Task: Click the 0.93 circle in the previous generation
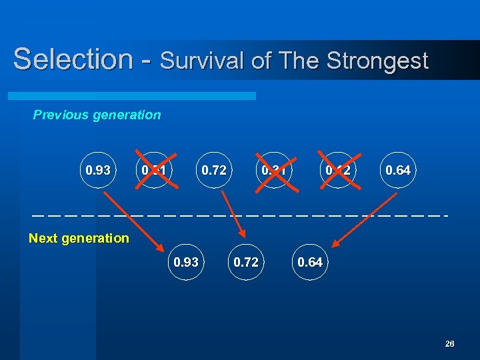click(98, 170)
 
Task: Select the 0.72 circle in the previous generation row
click(213, 170)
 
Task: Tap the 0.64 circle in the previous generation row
click(398, 170)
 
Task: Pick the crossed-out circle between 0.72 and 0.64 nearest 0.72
click(274, 170)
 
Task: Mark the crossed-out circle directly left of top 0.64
click(338, 170)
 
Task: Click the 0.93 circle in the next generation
click(186, 262)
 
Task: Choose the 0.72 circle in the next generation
click(246, 262)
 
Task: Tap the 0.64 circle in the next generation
click(310, 262)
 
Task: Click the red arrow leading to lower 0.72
click(233, 213)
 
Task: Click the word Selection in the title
click(73, 59)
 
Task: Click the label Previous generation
click(97, 115)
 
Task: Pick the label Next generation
click(79, 238)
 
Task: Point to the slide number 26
click(449, 343)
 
